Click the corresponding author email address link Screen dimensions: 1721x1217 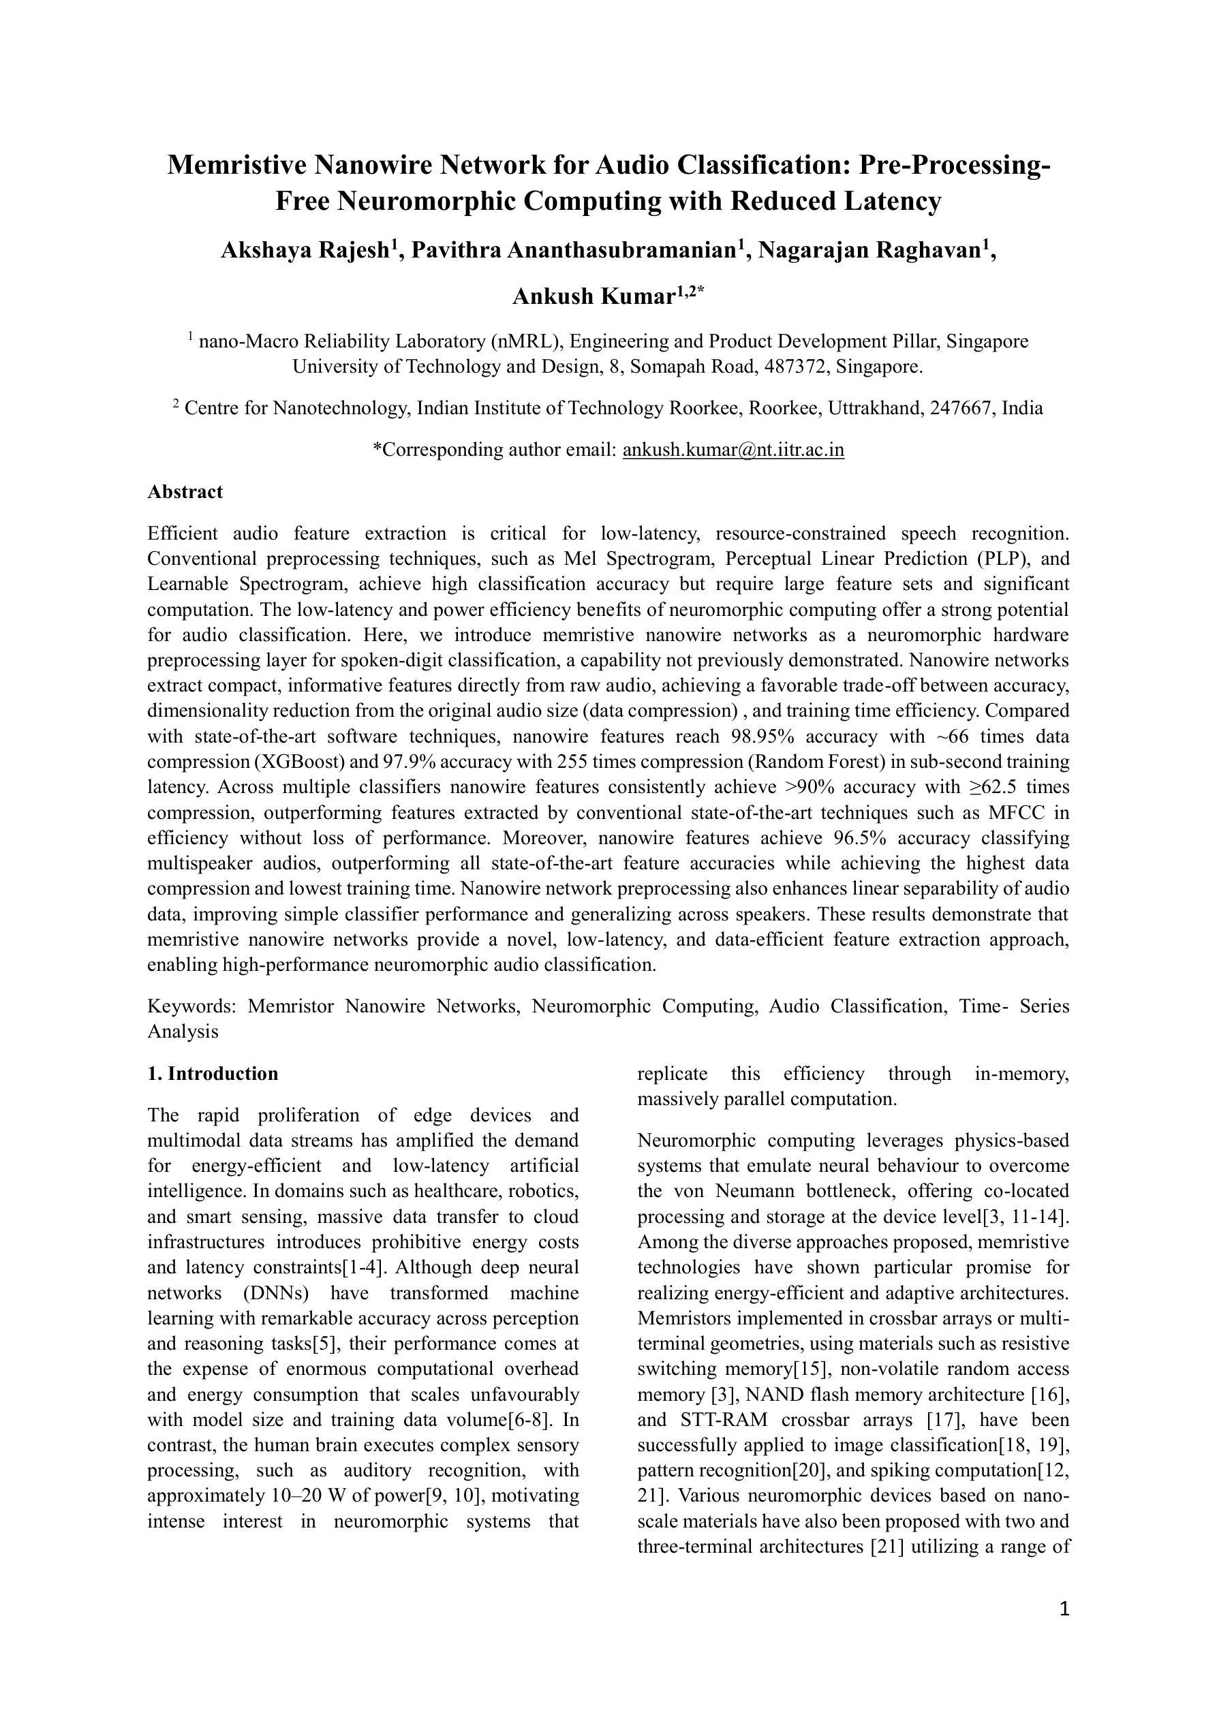tap(733, 450)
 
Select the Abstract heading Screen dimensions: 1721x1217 tap(185, 492)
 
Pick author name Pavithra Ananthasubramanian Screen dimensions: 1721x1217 tap(574, 250)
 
